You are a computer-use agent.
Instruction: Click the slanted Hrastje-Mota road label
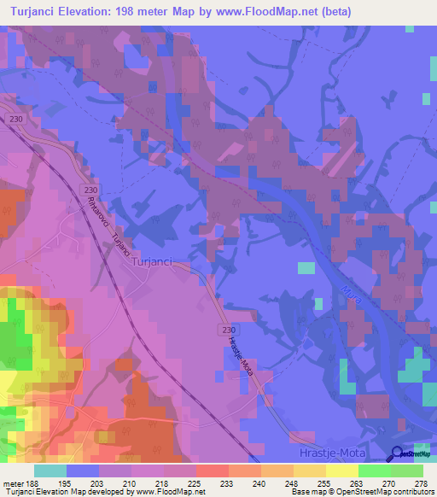(x=241, y=355)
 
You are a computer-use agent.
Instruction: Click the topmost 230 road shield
(x=12, y=120)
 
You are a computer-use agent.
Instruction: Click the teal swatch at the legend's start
(x=50, y=471)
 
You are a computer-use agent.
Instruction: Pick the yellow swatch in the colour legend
(x=341, y=471)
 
